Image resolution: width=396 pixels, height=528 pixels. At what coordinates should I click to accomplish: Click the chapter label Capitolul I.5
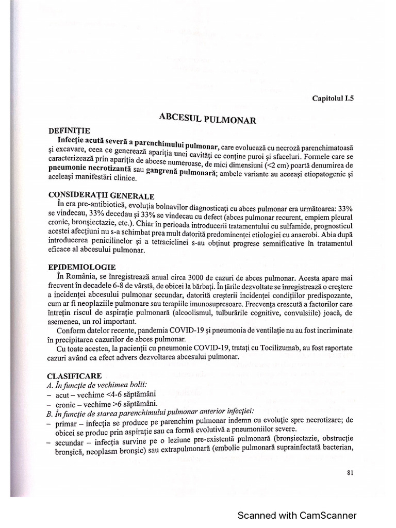click(x=333, y=97)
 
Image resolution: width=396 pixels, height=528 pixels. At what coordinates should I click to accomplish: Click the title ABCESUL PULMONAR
click(x=209, y=119)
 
